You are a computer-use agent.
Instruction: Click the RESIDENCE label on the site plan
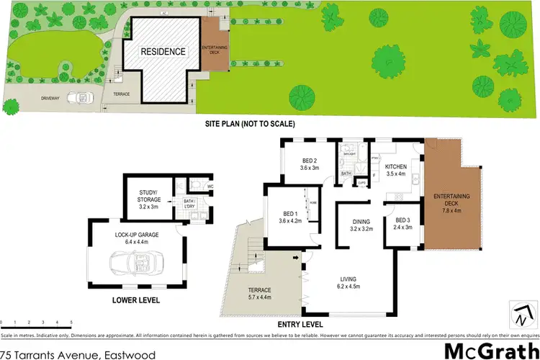tap(163, 52)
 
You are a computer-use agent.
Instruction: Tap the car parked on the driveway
tap(79, 98)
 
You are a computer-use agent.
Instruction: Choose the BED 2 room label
tap(308, 161)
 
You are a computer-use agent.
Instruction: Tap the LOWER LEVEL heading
tap(136, 300)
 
